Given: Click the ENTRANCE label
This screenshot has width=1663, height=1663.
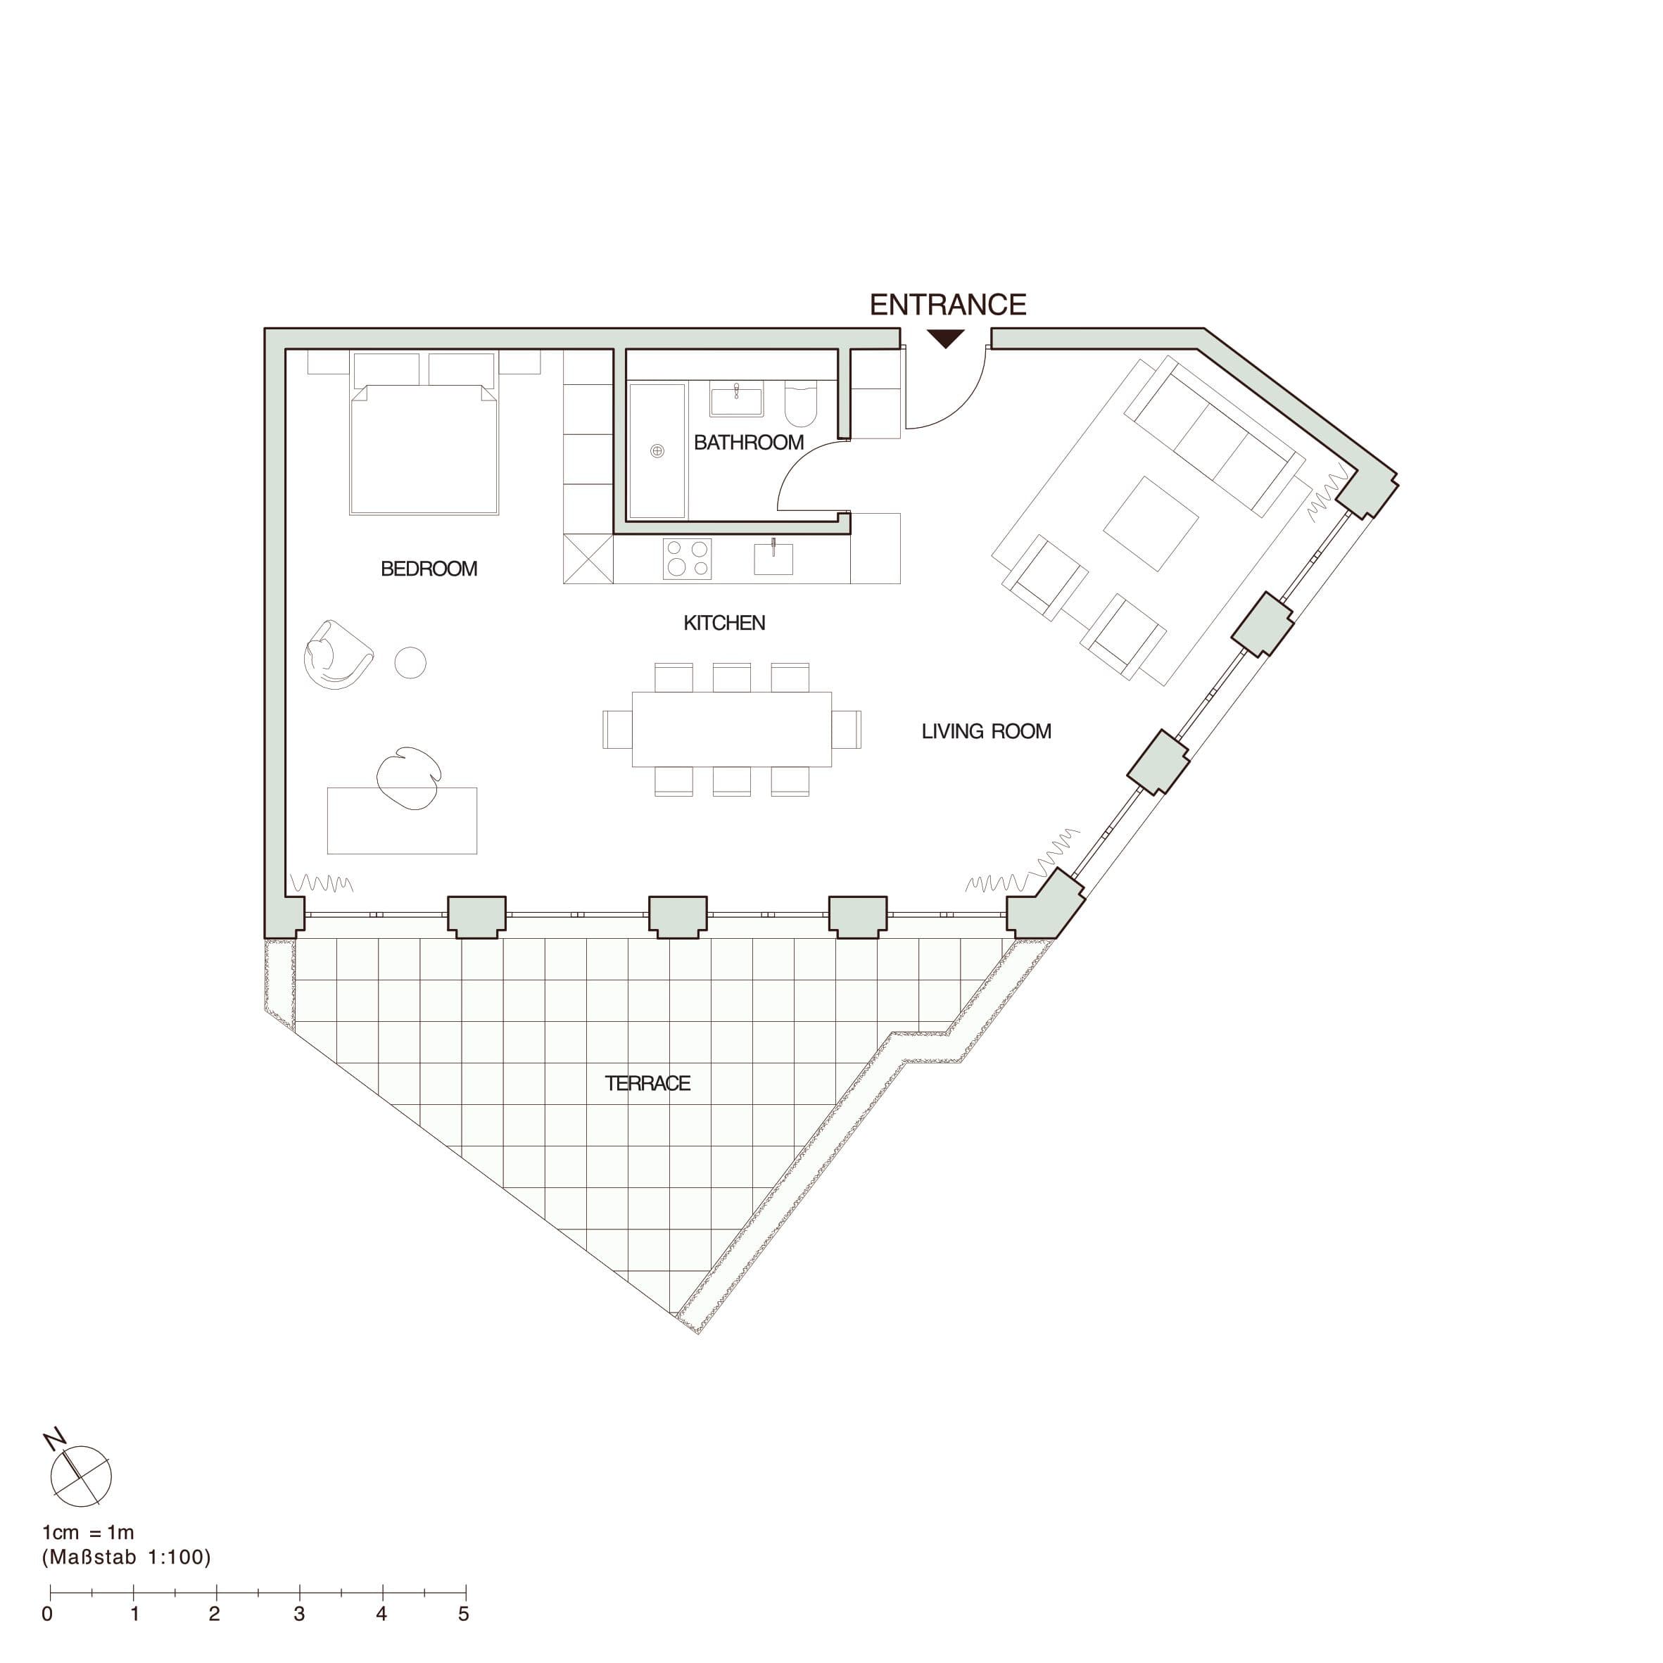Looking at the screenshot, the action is coord(948,305).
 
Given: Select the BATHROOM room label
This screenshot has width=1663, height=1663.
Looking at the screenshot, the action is coord(749,443).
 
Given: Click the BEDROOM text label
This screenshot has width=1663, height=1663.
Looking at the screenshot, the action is coord(429,569).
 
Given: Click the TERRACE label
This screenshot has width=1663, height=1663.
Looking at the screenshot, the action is coord(647,1084).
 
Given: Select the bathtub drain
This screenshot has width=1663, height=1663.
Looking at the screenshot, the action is coord(657,451).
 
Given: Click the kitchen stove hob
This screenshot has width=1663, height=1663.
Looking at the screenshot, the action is coord(687,558).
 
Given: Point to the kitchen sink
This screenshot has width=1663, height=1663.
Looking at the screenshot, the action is coord(773,558).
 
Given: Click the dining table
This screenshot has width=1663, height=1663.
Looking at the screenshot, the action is coord(732,729).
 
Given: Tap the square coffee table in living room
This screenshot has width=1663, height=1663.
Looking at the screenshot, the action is coord(1151,524).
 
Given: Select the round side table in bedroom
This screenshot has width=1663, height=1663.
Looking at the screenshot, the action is coord(410,663).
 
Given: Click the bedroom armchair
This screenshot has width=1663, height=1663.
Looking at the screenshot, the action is coord(336,655).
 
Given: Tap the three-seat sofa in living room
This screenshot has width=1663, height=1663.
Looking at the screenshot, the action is coord(1216,436).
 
